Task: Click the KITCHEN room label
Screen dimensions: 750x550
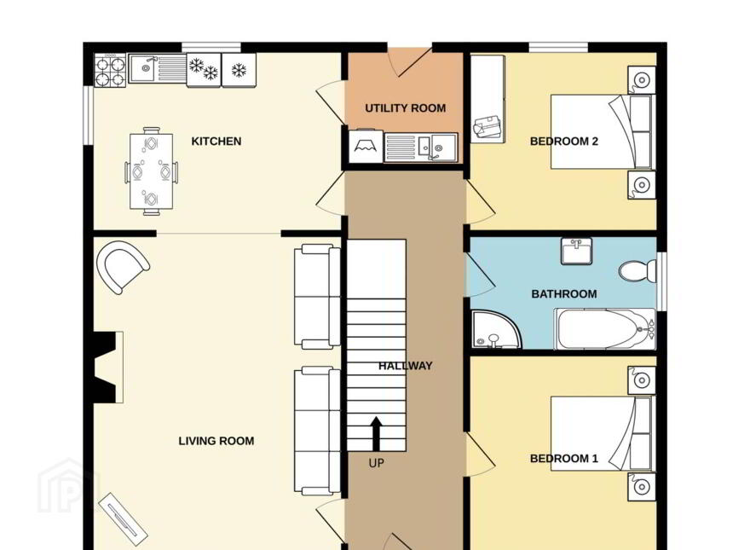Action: (216, 142)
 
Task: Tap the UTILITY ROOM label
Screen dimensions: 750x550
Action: (405, 108)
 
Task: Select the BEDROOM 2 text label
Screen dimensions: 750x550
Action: (564, 142)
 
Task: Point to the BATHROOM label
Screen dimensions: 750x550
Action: (564, 294)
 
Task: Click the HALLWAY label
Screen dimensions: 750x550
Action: (405, 366)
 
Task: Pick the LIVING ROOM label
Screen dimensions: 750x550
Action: (216, 441)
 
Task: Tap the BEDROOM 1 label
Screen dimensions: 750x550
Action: (564, 459)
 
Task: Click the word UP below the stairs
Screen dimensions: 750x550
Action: (376, 463)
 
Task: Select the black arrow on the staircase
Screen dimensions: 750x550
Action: (377, 434)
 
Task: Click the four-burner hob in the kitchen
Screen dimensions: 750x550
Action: (111, 71)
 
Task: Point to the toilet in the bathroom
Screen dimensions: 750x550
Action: (638, 271)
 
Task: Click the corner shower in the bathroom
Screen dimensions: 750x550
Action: (495, 330)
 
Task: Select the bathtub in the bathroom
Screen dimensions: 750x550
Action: (605, 329)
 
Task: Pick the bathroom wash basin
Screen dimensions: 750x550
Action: (576, 251)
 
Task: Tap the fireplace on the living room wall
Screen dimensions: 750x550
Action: (108, 368)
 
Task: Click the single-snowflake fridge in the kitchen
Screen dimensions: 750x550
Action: (239, 71)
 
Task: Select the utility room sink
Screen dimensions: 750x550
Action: (421, 148)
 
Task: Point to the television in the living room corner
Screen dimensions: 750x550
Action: (123, 519)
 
